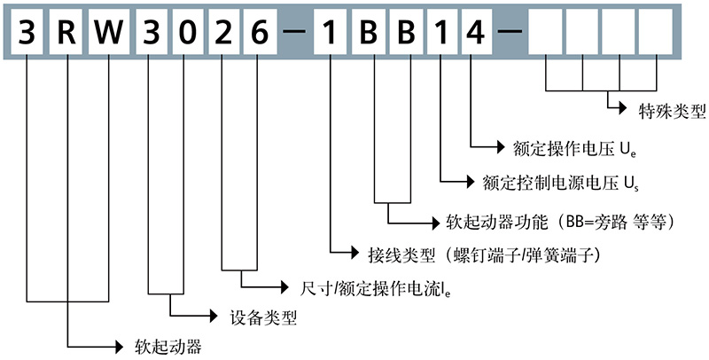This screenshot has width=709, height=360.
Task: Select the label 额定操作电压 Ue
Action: coord(575,145)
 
